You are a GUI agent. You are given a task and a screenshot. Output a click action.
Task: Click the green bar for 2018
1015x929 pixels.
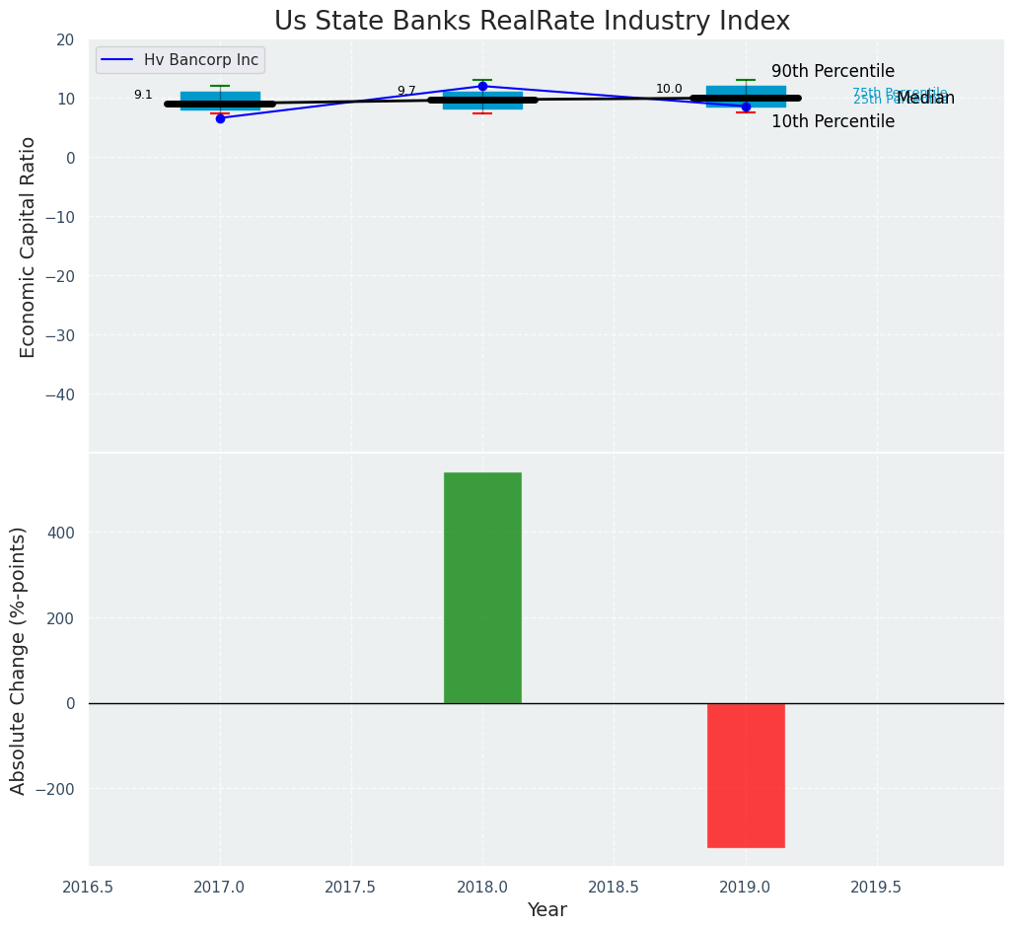pos(482,587)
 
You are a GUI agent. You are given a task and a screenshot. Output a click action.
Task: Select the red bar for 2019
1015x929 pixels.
pos(746,775)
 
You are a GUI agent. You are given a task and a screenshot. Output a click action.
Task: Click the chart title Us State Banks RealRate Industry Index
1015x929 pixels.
pos(532,21)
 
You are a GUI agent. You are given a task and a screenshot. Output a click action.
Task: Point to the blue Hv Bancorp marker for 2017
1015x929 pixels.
pos(220,118)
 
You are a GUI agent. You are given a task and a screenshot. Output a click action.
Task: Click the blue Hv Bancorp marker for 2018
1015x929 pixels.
pos(482,87)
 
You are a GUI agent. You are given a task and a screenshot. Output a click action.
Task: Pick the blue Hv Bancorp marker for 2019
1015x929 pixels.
pos(746,107)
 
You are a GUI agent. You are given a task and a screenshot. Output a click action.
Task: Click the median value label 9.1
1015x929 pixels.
pos(143,95)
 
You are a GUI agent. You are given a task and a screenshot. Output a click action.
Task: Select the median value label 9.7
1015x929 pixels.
pos(406,91)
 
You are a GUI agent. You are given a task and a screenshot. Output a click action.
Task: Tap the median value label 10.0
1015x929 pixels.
pos(669,89)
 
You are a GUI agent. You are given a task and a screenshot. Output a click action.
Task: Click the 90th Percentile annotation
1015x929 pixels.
pos(833,71)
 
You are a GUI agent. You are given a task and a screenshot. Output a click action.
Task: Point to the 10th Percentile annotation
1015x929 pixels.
pos(833,121)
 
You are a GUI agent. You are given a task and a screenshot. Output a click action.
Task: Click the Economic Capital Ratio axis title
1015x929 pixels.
pos(28,247)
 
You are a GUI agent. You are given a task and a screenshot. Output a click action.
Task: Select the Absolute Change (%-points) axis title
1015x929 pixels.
pos(19,660)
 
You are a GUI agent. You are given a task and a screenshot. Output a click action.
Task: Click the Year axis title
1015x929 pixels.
pos(546,910)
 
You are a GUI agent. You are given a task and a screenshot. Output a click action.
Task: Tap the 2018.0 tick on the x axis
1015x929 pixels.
pos(482,887)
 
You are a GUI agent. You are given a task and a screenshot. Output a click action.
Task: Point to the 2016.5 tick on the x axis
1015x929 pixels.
pos(89,887)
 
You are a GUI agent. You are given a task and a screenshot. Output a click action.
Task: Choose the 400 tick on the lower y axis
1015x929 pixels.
pos(64,533)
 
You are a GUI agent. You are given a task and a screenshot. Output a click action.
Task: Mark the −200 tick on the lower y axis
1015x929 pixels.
pos(59,789)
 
